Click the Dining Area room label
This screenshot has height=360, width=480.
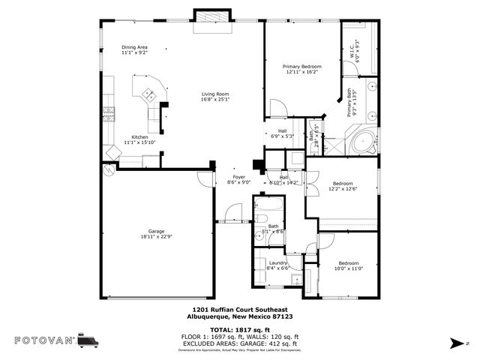point(134,50)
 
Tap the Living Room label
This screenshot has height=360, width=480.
point(214,96)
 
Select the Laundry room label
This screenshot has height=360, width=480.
point(278,265)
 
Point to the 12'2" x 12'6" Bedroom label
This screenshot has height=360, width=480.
point(343,185)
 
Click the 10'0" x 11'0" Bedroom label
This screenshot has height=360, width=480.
point(348,265)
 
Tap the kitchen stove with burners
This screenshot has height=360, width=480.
point(109,114)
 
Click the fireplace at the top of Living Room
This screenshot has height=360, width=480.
point(204,19)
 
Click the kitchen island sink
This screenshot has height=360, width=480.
point(148,94)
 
